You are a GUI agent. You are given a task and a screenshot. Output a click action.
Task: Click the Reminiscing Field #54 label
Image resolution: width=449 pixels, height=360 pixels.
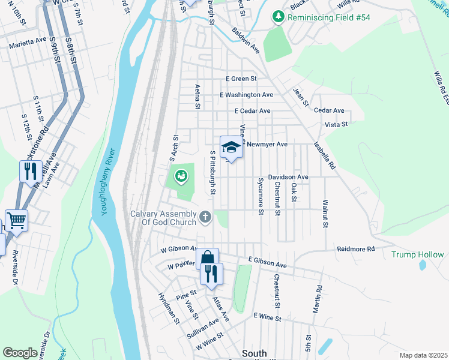(x=329, y=17)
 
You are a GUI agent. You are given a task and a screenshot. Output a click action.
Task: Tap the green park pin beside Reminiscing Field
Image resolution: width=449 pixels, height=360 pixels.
(x=278, y=16)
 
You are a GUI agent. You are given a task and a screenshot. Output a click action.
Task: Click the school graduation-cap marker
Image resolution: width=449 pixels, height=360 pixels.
(x=231, y=146)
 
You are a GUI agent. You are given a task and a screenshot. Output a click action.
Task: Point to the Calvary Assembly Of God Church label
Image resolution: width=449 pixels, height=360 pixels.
(x=163, y=218)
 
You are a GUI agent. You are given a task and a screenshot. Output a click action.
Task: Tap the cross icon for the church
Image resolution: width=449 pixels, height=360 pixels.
(x=205, y=217)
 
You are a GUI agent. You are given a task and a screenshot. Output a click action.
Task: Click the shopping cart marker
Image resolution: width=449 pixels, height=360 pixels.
(x=16, y=220)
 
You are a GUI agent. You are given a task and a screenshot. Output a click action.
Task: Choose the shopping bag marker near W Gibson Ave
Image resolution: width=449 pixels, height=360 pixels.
(x=207, y=259)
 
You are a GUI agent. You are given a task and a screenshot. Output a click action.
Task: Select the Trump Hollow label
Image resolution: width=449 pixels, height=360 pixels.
(x=418, y=254)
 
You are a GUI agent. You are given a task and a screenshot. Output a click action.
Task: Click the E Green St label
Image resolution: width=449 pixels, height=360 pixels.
(x=241, y=79)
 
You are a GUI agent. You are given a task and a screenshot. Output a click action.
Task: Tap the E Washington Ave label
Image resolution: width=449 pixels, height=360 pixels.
(x=246, y=95)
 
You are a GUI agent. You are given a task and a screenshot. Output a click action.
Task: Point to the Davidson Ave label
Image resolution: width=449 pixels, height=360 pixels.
(x=288, y=177)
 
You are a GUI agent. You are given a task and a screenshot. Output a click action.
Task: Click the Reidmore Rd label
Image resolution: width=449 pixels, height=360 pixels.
(x=355, y=248)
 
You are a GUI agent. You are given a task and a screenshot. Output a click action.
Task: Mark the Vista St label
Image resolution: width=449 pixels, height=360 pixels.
(x=336, y=124)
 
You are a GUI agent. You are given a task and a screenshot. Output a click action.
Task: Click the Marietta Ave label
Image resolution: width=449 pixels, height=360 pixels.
(x=28, y=46)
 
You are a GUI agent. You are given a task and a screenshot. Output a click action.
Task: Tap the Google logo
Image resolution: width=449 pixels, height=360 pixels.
(x=20, y=353)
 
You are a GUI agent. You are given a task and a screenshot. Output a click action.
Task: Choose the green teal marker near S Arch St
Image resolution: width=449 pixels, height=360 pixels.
(x=179, y=176)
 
